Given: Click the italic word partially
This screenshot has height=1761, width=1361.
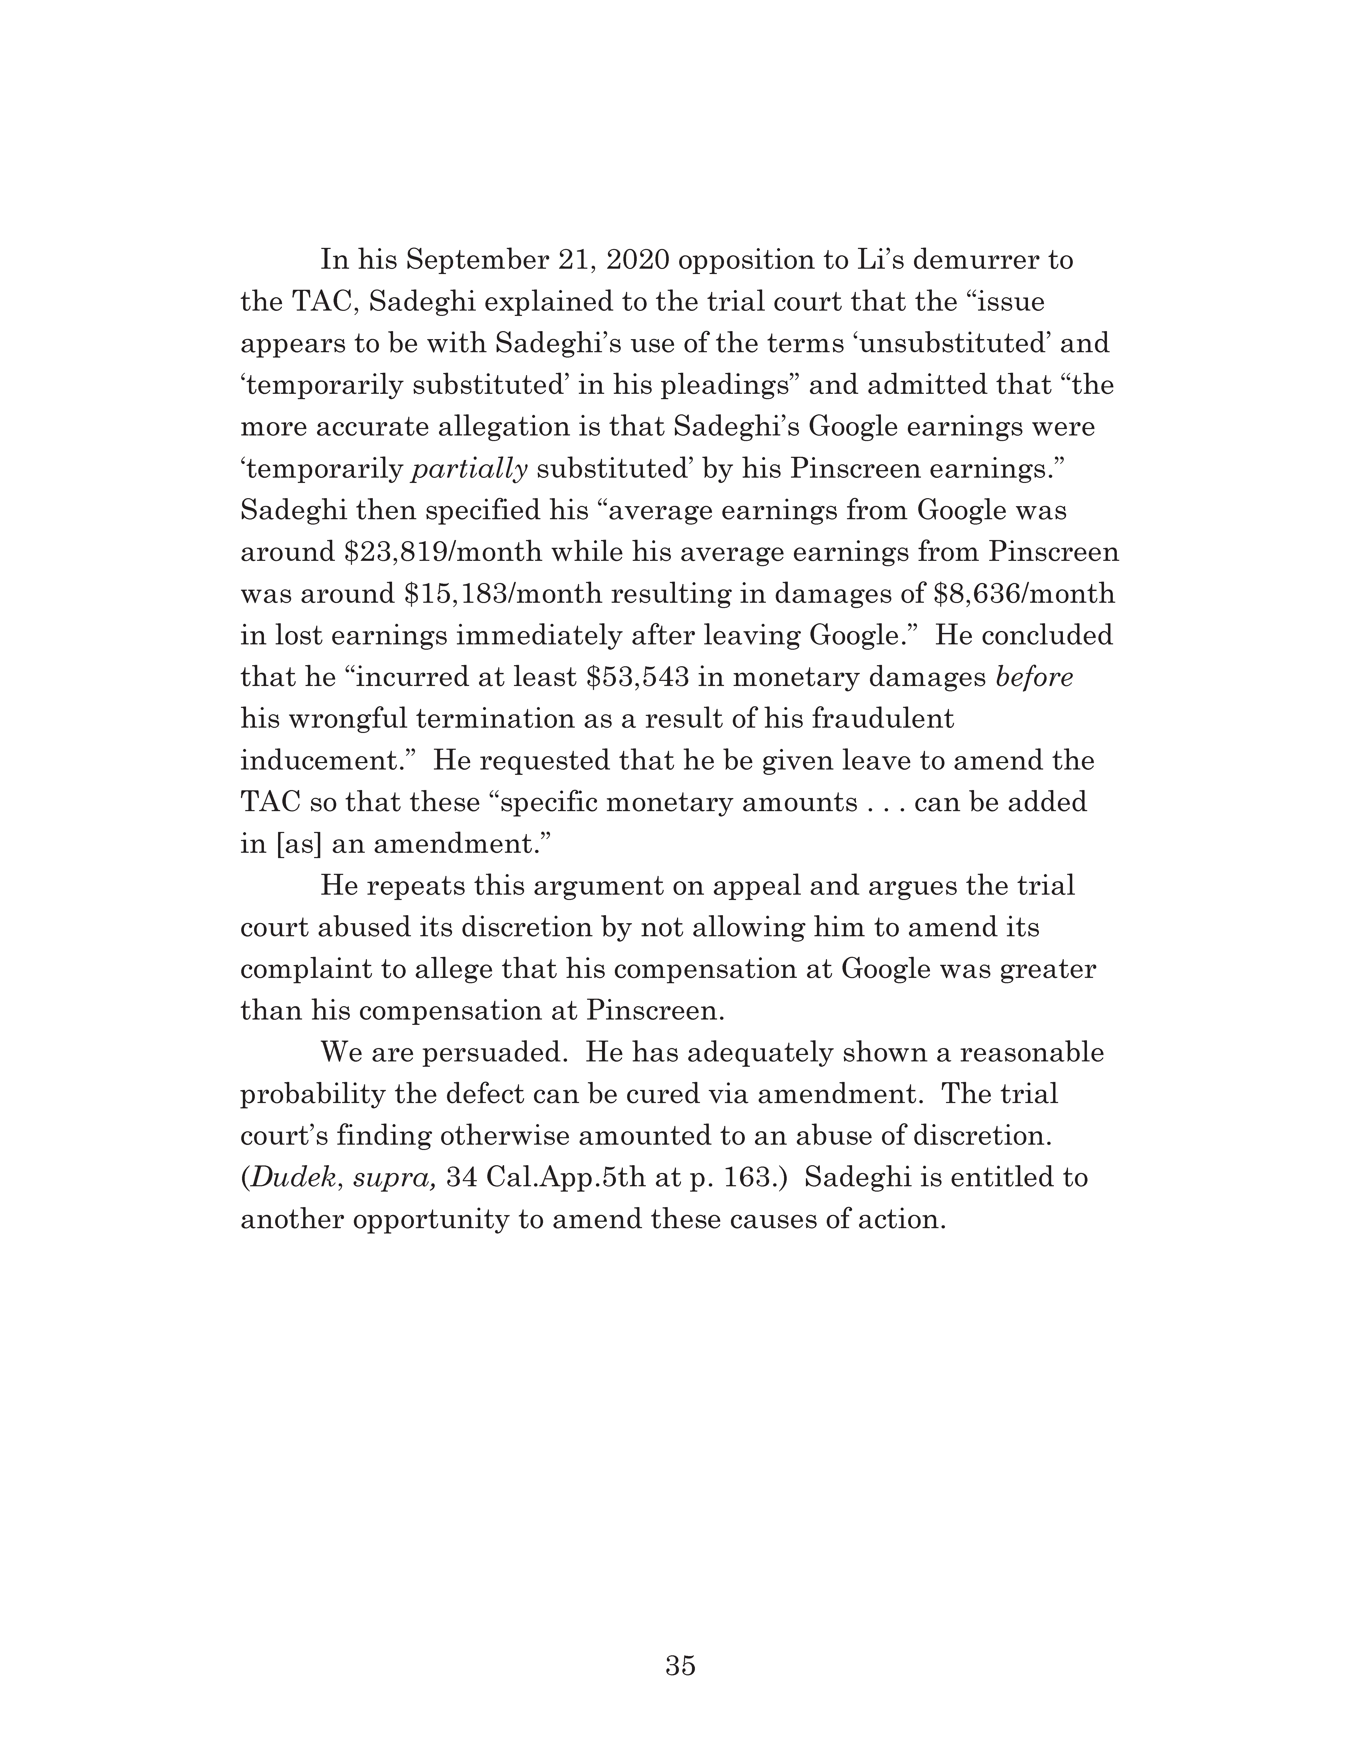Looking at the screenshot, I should click(469, 469).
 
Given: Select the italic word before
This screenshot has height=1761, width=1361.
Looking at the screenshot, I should click(1034, 677).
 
